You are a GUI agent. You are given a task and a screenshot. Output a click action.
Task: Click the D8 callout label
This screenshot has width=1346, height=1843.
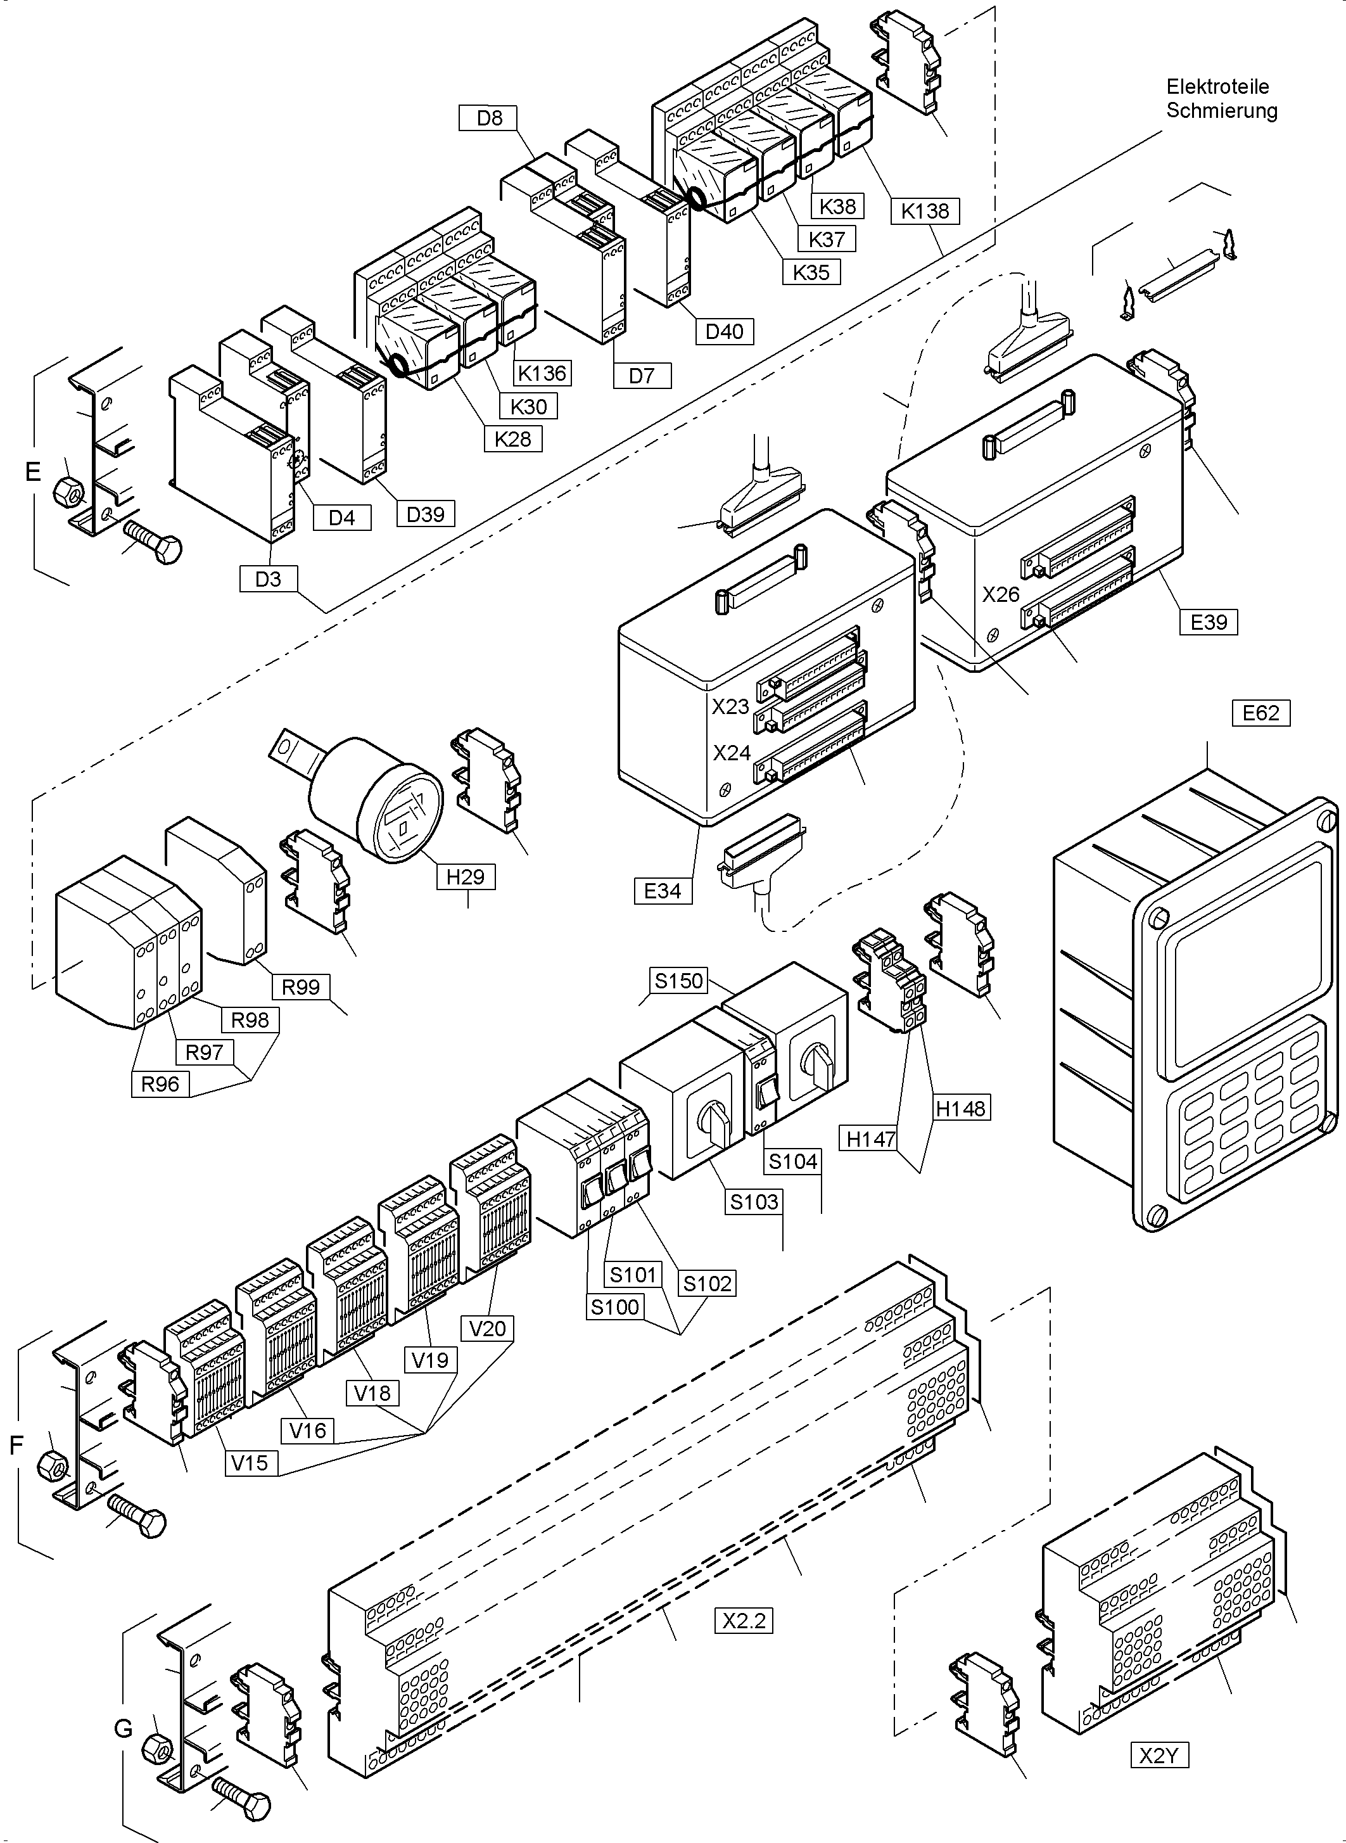(490, 118)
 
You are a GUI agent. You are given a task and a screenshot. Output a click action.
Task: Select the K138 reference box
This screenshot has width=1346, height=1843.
(925, 211)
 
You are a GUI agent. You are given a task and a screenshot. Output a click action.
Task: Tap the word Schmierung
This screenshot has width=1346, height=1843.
(1221, 111)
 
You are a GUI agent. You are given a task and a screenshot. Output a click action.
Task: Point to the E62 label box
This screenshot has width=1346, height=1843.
(1260, 713)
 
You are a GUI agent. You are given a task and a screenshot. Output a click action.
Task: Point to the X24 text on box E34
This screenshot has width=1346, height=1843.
(731, 753)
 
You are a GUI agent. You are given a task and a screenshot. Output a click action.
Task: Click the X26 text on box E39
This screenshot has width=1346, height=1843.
(1001, 595)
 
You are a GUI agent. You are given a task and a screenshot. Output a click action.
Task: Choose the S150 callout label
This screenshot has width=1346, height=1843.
(679, 980)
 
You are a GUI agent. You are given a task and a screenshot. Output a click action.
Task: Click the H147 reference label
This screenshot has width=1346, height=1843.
(871, 1139)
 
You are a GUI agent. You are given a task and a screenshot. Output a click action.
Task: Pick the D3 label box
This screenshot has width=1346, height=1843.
(268, 578)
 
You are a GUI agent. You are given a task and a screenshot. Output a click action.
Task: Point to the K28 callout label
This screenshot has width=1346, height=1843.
(512, 439)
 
